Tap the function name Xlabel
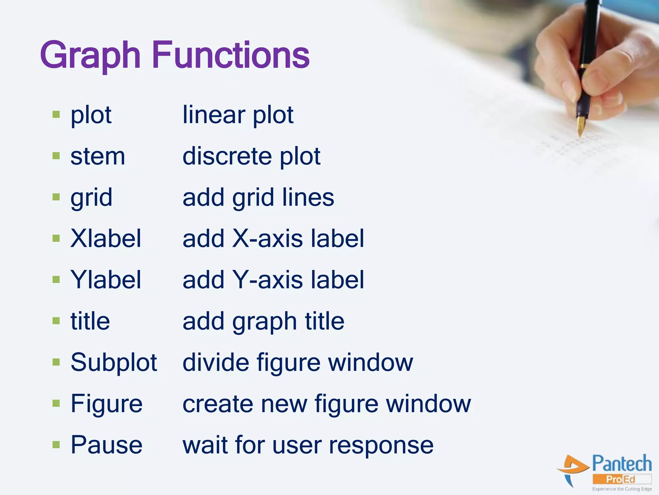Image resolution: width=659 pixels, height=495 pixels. (x=106, y=238)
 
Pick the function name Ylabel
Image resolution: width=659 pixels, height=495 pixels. (x=106, y=280)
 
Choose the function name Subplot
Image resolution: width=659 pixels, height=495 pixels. (x=114, y=362)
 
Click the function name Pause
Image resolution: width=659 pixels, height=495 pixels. (x=106, y=445)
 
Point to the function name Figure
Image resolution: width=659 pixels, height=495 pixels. (x=106, y=403)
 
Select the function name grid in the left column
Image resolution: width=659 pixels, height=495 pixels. (x=91, y=198)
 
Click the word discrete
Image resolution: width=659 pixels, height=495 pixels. (x=227, y=156)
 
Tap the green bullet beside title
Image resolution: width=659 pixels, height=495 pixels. (x=56, y=321)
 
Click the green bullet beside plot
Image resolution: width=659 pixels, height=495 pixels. (x=56, y=114)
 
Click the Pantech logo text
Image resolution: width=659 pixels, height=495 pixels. (x=622, y=464)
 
